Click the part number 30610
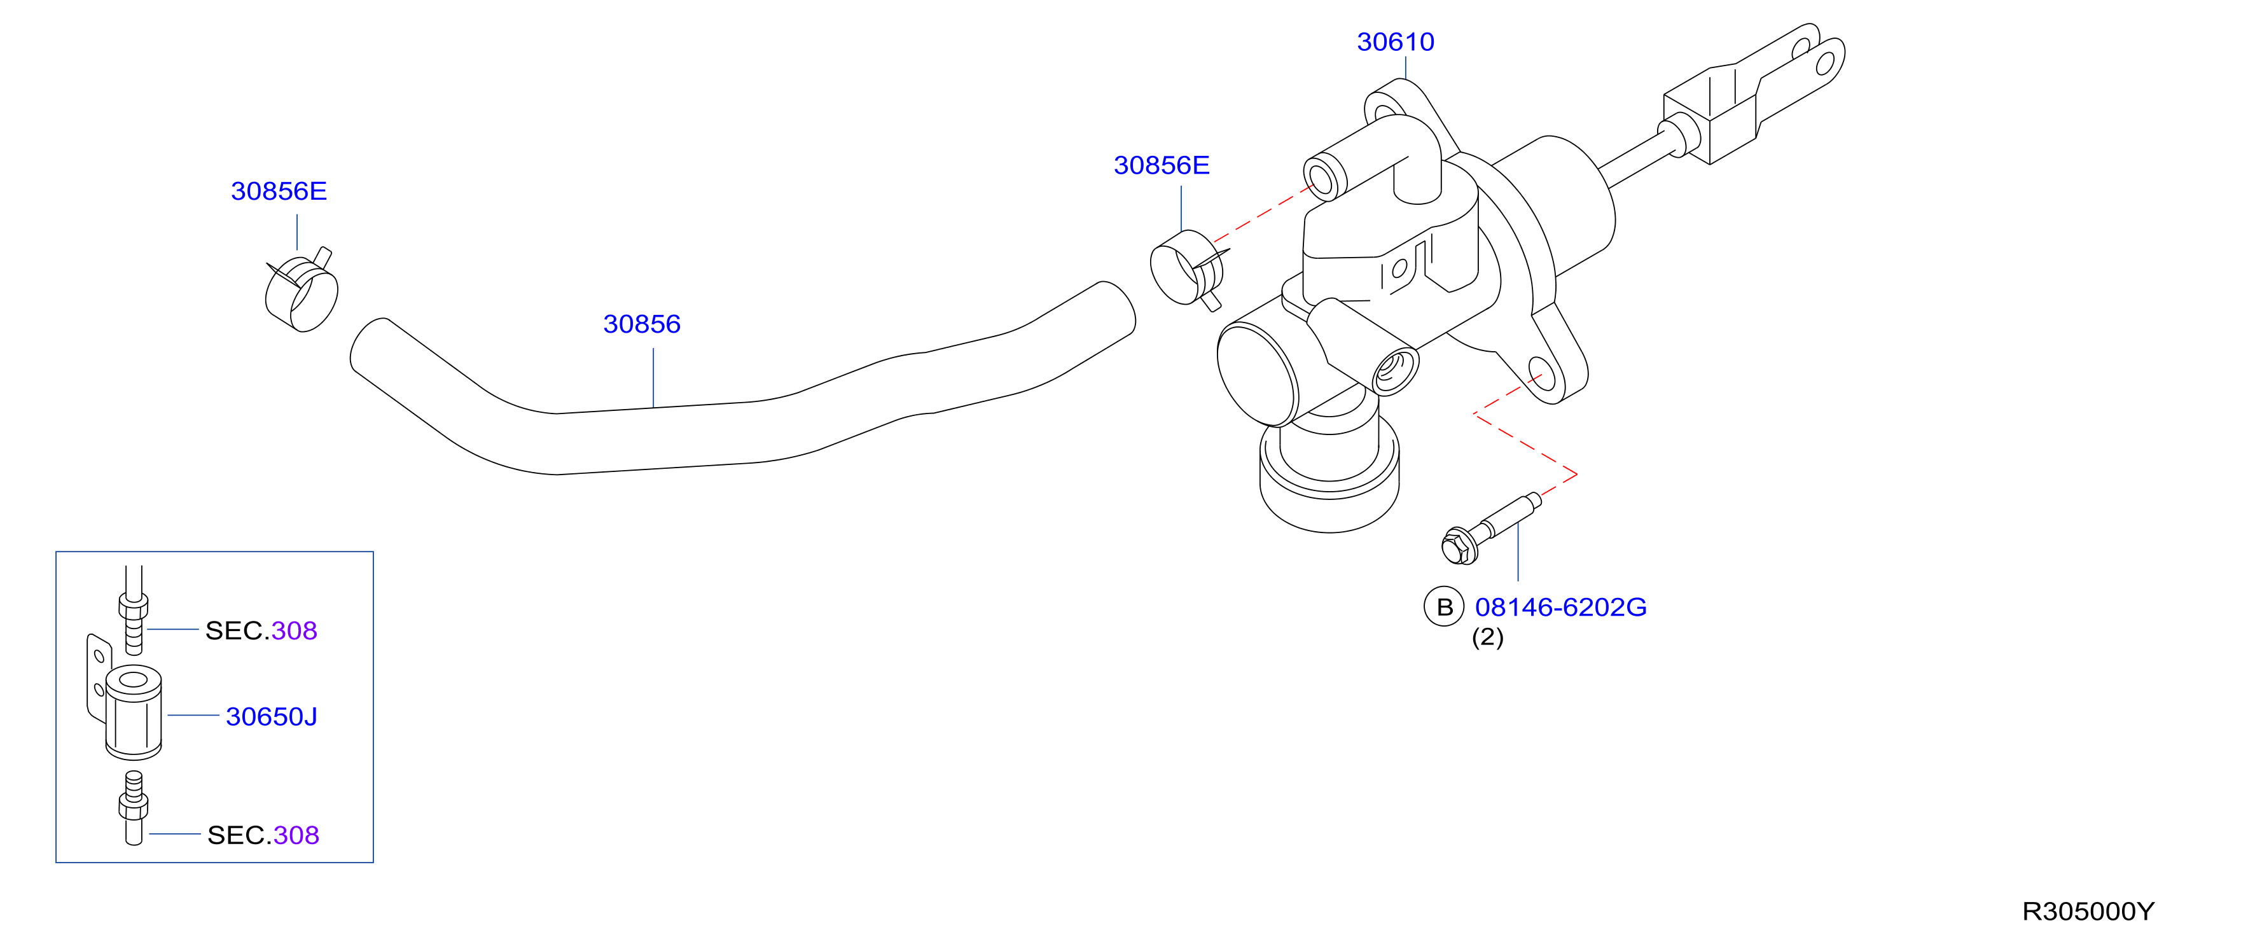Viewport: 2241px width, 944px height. [x=1396, y=42]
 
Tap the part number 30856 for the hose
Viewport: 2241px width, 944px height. [x=642, y=324]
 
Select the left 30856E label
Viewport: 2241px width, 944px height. [x=279, y=191]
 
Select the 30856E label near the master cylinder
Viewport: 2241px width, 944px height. [x=1162, y=165]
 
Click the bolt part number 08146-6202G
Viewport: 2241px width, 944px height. [x=1561, y=607]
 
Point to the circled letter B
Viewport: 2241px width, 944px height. [x=1444, y=607]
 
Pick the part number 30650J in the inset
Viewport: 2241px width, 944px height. [x=272, y=716]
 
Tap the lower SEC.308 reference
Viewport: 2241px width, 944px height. [x=263, y=835]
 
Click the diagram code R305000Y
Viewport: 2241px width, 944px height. [x=2088, y=911]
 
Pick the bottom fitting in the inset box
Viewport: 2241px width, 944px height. [x=133, y=807]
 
